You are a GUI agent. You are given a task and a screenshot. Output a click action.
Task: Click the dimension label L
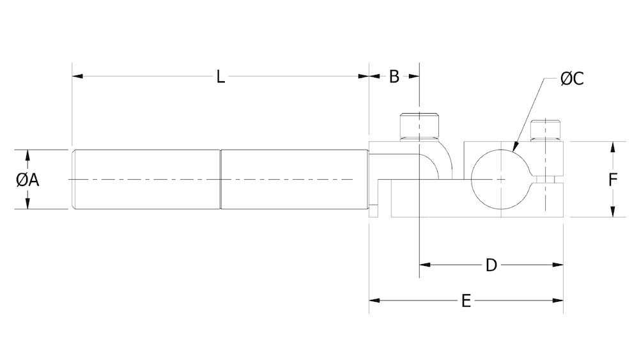point(220,77)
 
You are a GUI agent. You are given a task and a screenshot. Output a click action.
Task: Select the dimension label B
point(394,77)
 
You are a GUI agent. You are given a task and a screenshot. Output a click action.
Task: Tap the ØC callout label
point(572,79)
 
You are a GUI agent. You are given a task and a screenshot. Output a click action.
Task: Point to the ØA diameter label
point(27,180)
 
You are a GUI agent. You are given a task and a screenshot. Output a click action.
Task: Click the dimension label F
point(612,180)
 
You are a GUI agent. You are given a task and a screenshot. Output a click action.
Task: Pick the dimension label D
point(491,265)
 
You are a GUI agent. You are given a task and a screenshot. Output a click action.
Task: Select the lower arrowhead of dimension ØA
point(27,203)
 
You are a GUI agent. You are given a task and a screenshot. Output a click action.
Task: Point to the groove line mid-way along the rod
point(220,180)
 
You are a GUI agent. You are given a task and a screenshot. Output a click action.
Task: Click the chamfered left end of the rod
point(74,180)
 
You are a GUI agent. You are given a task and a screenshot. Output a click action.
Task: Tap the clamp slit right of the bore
point(547,180)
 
